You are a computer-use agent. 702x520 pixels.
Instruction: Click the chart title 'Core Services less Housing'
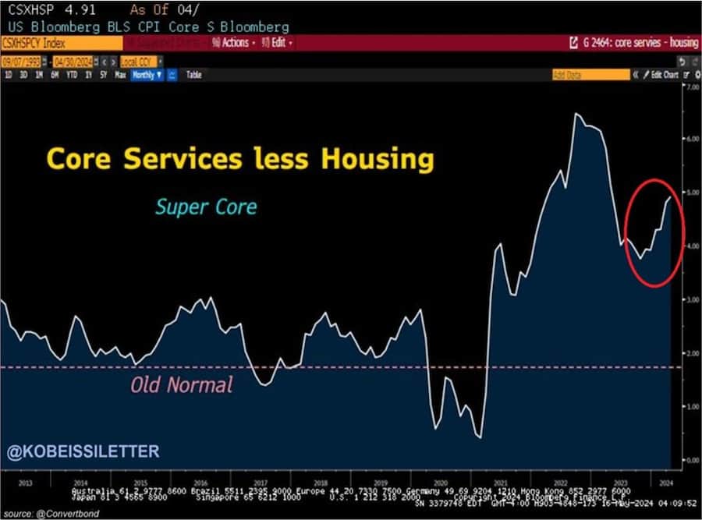pyautogui.click(x=239, y=158)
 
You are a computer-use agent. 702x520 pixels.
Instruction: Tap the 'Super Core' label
pyautogui.click(x=206, y=207)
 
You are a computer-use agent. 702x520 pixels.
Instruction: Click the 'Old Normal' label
pyautogui.click(x=182, y=384)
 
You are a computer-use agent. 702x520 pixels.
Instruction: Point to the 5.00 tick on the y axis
pyautogui.click(x=690, y=192)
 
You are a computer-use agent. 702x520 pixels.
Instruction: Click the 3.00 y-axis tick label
pyautogui.click(x=690, y=299)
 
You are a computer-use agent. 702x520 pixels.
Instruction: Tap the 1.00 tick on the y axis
pyautogui.click(x=690, y=406)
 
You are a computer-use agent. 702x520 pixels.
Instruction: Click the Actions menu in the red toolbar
pyautogui.click(x=232, y=43)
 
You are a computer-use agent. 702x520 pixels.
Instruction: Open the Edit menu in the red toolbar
pyautogui.click(x=278, y=43)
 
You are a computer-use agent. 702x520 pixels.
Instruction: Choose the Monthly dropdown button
pyautogui.click(x=147, y=75)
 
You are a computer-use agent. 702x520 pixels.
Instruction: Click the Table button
pyautogui.click(x=193, y=75)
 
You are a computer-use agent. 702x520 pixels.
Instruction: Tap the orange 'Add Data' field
pyautogui.click(x=589, y=75)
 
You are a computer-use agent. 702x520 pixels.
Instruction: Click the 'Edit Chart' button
pyautogui.click(x=663, y=75)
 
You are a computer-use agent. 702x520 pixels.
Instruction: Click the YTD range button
pyautogui.click(x=72, y=75)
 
